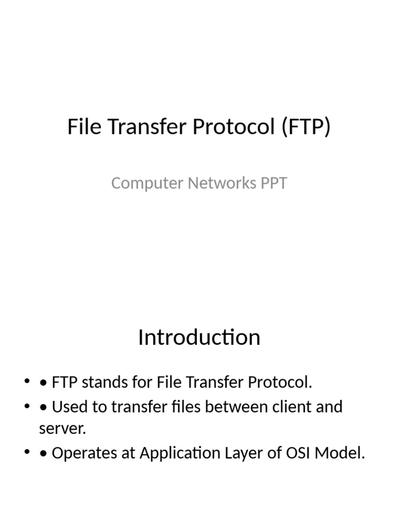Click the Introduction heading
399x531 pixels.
point(199,338)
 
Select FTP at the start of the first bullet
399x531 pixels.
point(65,383)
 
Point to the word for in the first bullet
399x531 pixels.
point(142,383)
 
